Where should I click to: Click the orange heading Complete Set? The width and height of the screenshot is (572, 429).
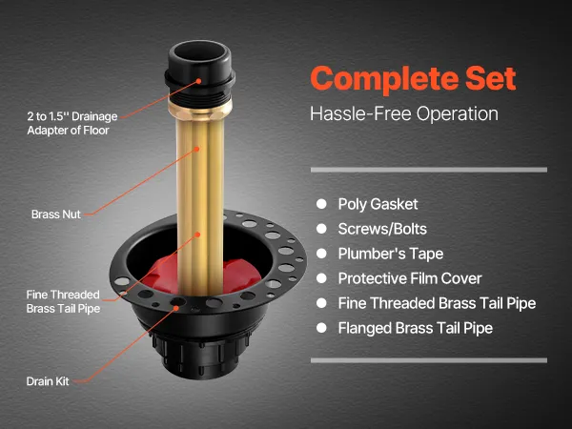click(414, 79)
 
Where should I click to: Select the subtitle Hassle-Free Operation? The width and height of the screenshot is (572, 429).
click(404, 113)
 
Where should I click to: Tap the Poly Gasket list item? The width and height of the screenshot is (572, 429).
click(378, 204)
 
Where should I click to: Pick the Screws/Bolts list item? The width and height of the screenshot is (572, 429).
click(382, 229)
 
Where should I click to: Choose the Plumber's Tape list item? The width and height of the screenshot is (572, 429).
click(391, 254)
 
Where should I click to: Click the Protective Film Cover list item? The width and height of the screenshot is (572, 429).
click(410, 278)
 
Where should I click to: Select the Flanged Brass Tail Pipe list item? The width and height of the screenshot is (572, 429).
click(415, 328)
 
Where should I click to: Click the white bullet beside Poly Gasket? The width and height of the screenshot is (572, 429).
click(321, 204)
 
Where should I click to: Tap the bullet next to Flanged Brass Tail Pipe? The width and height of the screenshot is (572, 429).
click(321, 328)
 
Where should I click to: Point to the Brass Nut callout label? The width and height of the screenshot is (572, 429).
click(56, 214)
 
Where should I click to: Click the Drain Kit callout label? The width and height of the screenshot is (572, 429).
click(48, 381)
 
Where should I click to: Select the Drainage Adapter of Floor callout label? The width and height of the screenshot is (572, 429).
click(72, 123)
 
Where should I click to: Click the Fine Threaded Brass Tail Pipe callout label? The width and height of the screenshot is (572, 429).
click(63, 301)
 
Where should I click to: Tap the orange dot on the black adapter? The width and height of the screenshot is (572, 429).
click(199, 81)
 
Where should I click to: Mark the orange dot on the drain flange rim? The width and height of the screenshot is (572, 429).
click(176, 308)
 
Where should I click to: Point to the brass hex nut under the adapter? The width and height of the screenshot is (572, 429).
click(200, 110)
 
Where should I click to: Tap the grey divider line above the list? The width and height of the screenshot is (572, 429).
click(429, 170)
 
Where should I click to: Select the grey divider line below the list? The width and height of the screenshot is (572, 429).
click(429, 360)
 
